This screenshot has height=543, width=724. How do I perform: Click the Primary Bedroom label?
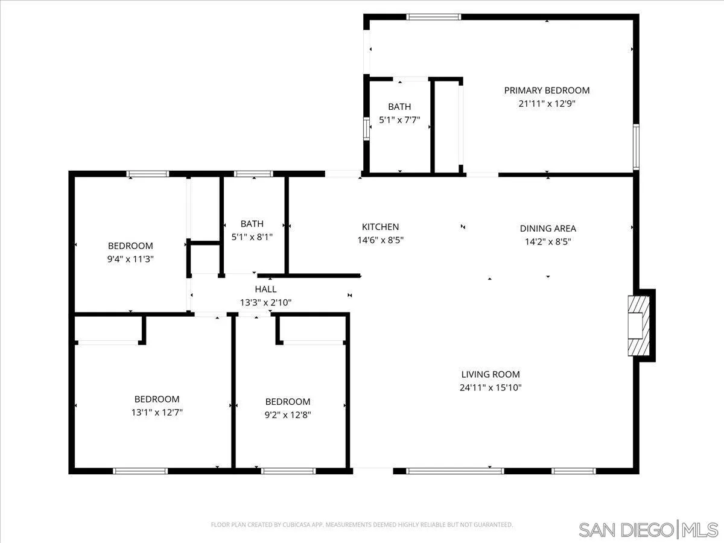(547, 91)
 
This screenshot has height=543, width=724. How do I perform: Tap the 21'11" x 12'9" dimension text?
(547, 103)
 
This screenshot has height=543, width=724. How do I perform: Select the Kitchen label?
(380, 227)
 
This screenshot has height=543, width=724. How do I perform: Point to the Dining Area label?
(548, 228)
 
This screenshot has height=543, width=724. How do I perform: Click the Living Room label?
(490, 374)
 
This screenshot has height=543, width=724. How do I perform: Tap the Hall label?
(265, 290)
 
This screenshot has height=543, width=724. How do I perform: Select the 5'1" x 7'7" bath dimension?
(399, 119)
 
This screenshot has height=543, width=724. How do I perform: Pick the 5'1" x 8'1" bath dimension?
(252, 237)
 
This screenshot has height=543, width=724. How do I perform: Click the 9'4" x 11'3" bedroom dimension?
(130, 259)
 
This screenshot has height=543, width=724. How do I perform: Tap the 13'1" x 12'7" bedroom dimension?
(156, 412)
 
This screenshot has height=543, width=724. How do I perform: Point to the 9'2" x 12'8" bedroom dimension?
(288, 414)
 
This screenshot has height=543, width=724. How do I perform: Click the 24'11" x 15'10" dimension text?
(490, 387)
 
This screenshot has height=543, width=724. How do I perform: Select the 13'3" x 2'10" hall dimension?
(265, 303)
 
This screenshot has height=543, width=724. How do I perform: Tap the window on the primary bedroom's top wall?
(434, 17)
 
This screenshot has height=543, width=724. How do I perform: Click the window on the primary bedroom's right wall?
(635, 147)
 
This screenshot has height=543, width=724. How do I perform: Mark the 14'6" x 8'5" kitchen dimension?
(380, 240)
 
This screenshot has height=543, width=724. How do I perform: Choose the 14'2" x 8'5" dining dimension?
(548, 241)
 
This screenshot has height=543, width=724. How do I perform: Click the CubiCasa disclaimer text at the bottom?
(362, 525)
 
